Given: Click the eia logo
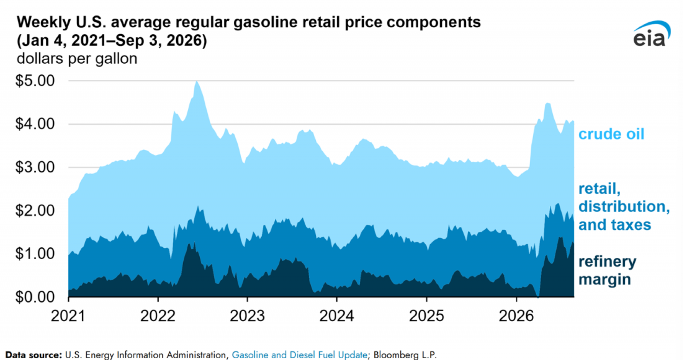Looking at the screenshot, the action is (x=652, y=34).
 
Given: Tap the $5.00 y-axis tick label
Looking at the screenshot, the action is (x=35, y=81).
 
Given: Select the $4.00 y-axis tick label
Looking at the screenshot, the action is (x=35, y=124).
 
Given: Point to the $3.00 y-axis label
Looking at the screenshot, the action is (x=35, y=167).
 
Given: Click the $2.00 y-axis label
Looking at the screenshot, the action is (x=35, y=211).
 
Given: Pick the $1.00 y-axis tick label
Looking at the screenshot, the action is (x=35, y=254).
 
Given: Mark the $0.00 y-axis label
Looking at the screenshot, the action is (x=35, y=297).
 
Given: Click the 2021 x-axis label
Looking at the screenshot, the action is (x=68, y=316).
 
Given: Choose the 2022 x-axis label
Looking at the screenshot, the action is (x=158, y=316).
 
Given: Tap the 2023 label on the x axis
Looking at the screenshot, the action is (x=247, y=316).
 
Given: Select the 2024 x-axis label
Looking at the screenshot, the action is (x=337, y=316).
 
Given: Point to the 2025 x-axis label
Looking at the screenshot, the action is (x=426, y=316).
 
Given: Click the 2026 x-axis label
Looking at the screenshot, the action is (x=516, y=316).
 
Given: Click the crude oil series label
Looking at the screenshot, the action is (x=611, y=134).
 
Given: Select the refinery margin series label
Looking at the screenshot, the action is (x=607, y=270).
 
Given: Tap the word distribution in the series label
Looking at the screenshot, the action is (x=624, y=207).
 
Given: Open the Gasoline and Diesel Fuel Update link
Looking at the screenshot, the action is (x=299, y=355).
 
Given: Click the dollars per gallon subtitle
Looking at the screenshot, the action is (x=77, y=59).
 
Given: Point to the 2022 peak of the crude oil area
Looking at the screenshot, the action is (x=197, y=81).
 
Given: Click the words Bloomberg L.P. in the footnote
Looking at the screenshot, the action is (x=405, y=355).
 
